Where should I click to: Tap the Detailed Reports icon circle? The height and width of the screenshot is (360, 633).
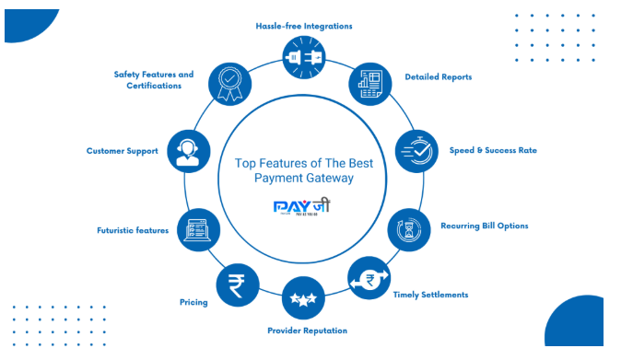(x=369, y=84)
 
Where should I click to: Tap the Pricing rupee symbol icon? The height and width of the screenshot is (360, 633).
(x=238, y=284)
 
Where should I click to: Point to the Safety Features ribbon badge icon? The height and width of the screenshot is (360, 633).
(x=229, y=82)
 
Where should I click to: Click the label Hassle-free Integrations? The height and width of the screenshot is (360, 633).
(x=304, y=26)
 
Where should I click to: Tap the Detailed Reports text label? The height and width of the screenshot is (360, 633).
(x=439, y=77)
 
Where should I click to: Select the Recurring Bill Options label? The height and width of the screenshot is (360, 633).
(x=484, y=226)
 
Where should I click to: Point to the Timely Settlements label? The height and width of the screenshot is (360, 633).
(x=430, y=295)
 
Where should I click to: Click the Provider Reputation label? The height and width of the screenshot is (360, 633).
(x=307, y=330)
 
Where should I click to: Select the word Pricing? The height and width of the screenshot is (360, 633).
(x=193, y=302)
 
